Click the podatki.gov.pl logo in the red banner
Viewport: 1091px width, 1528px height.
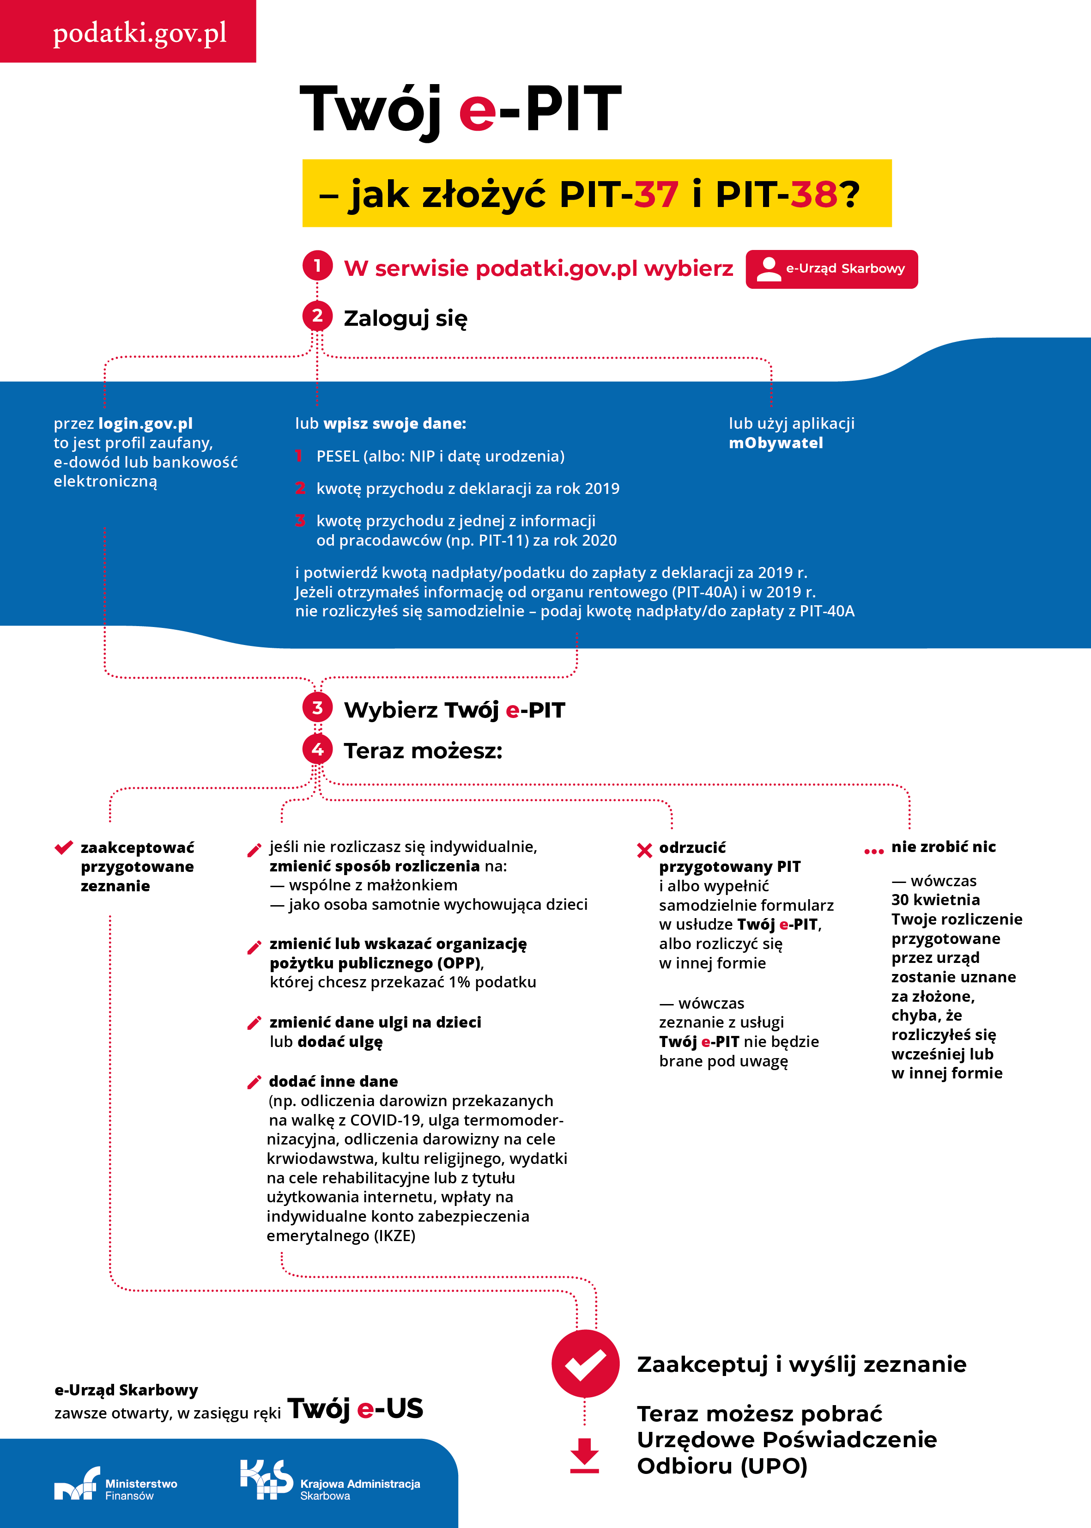[x=140, y=33]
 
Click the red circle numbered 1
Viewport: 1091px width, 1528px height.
[x=317, y=266]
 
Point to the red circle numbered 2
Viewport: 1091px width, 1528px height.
[x=317, y=316]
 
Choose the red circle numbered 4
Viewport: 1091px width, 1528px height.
[x=317, y=749]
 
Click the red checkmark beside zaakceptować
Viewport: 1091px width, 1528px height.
[x=64, y=847]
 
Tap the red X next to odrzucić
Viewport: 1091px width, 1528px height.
[x=644, y=851]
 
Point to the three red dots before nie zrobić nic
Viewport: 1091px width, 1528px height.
[x=873, y=852]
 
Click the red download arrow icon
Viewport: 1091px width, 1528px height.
[x=584, y=1455]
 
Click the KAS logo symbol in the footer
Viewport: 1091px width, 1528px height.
[x=266, y=1479]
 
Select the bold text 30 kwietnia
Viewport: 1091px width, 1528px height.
[x=935, y=900]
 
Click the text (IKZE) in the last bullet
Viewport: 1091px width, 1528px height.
[x=394, y=1236]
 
